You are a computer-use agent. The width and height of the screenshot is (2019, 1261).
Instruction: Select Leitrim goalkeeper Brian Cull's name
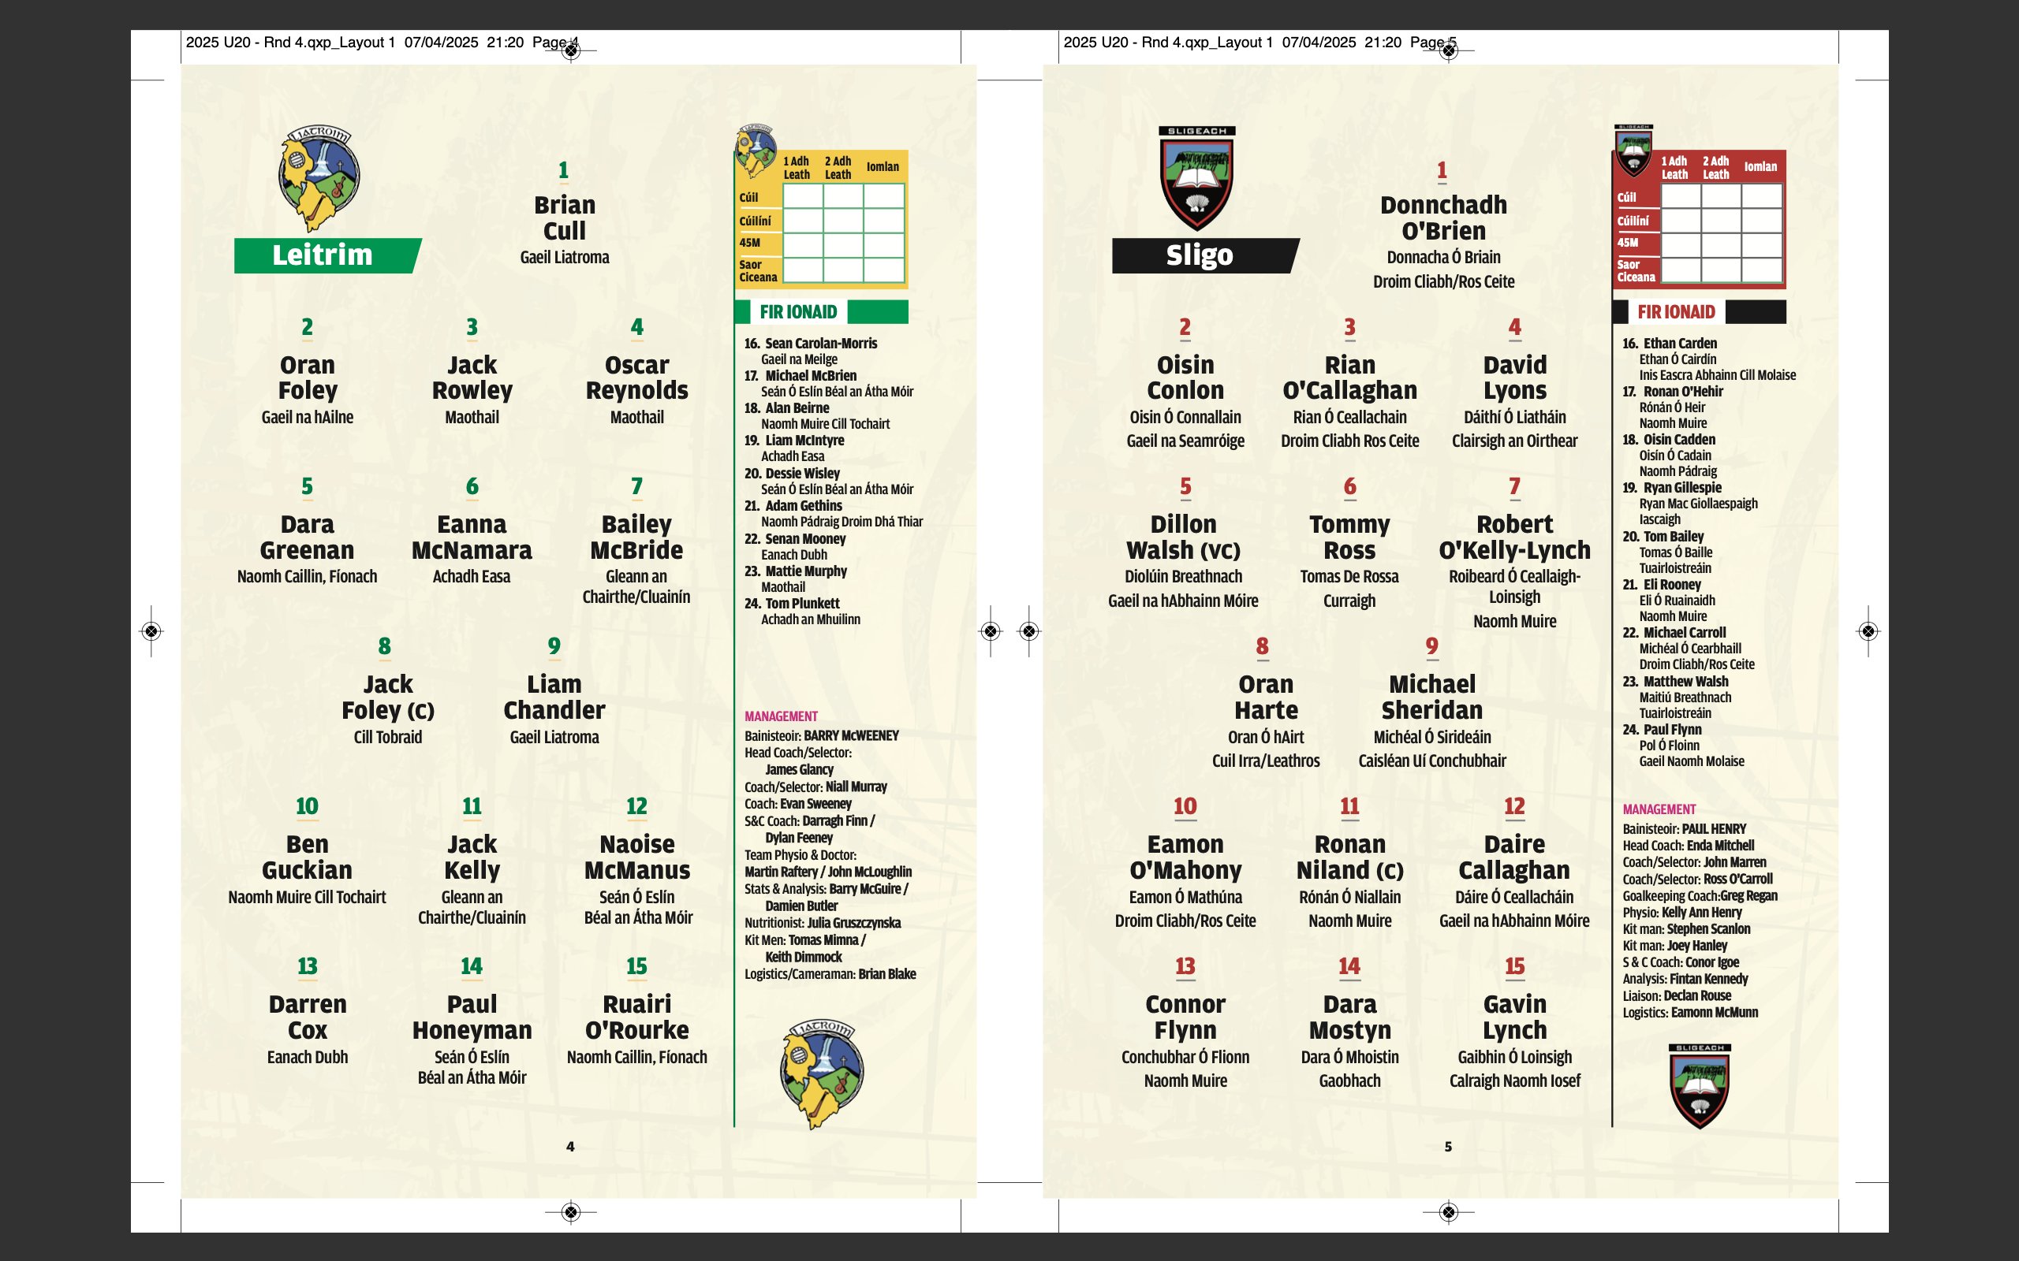pos(565,218)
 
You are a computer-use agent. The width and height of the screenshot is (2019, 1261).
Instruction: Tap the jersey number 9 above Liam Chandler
pos(554,646)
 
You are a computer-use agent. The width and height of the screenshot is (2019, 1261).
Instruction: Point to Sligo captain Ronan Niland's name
pos(1349,857)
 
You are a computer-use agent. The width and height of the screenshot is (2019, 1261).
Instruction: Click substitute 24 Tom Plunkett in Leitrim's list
pos(802,604)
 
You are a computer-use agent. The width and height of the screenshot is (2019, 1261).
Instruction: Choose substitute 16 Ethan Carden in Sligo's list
pos(1678,344)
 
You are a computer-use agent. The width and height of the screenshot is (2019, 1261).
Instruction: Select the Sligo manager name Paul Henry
pos(1714,829)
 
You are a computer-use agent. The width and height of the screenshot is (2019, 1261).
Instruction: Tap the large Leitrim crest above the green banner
pos(319,177)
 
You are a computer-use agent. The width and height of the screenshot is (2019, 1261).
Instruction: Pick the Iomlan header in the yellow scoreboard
pos(883,167)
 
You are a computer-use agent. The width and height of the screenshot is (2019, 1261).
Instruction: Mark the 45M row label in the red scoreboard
pos(1628,243)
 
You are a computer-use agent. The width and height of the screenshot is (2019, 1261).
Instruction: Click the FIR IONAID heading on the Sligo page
pos(1676,312)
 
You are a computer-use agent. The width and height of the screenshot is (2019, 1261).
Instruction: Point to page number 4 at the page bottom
pos(571,1147)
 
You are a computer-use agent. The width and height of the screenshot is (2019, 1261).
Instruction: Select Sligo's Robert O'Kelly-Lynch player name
pos(1514,537)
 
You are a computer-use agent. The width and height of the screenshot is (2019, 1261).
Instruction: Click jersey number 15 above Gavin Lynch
pos(1514,966)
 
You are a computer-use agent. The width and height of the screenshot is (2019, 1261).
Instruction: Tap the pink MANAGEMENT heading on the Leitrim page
pos(781,716)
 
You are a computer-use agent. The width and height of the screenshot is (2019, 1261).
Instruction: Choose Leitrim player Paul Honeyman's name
pos(472,1017)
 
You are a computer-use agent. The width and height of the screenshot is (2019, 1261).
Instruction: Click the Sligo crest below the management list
pos(1700,1087)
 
